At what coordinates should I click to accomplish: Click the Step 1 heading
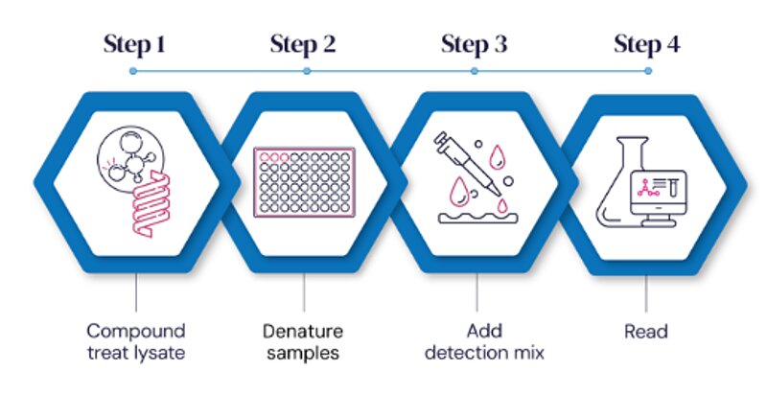[134, 44]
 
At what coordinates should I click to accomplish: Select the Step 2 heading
[303, 44]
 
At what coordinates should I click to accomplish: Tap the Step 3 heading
[475, 44]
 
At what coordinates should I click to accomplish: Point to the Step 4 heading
[646, 44]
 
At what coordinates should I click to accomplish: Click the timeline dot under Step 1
[133, 71]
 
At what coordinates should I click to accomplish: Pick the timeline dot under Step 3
[476, 71]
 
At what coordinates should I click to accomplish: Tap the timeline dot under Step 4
[647, 71]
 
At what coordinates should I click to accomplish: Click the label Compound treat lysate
[134, 341]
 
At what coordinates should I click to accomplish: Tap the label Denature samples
[304, 341]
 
